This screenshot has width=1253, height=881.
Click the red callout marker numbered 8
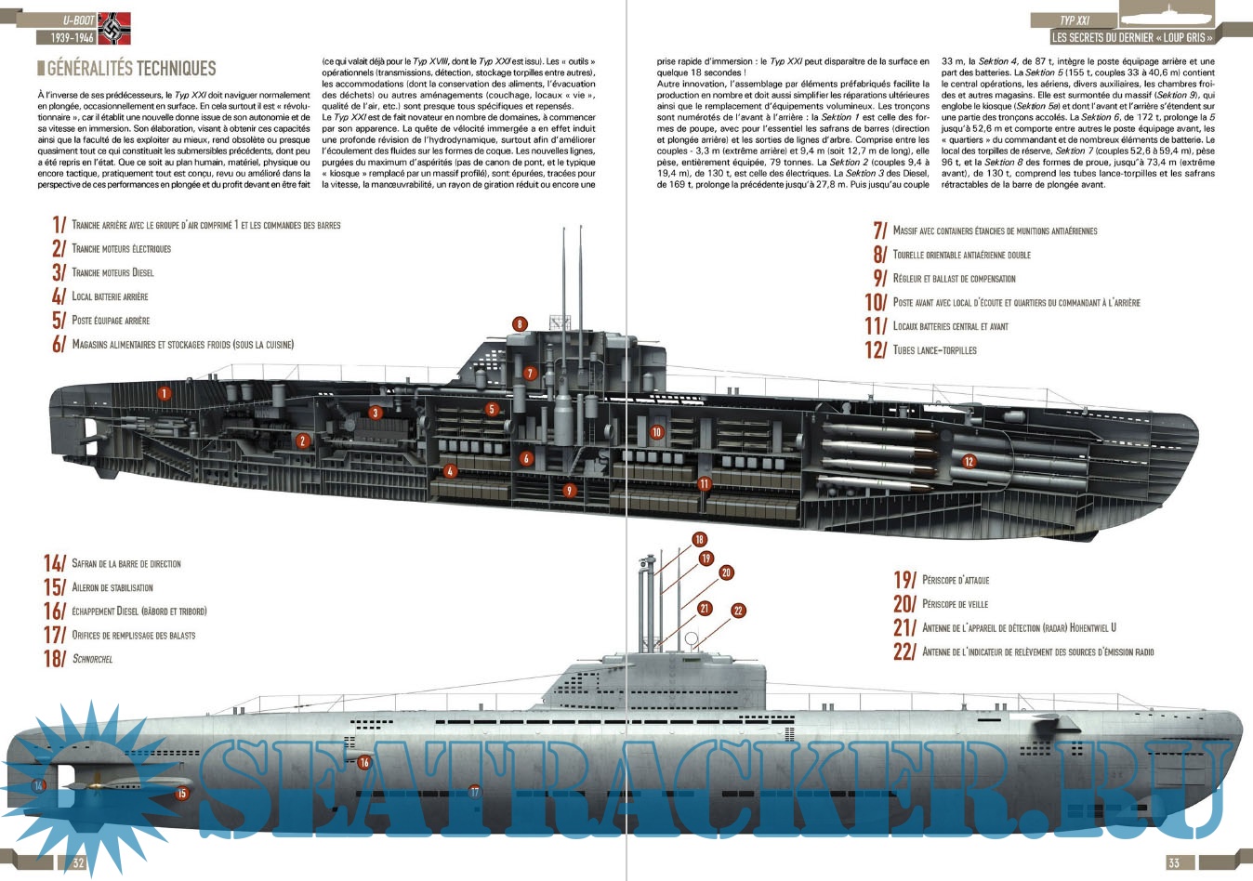520,324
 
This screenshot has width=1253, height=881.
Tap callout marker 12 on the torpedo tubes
969,462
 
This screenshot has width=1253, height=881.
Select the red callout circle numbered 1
165,393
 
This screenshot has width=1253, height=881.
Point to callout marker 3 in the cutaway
376,413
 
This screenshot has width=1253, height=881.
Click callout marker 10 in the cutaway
657,432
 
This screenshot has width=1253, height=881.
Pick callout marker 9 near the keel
570,491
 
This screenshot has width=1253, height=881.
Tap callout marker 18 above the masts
699,539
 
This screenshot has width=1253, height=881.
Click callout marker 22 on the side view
738,611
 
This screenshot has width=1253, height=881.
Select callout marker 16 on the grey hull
364,762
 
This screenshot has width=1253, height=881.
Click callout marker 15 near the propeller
182,793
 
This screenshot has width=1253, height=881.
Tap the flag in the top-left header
114,28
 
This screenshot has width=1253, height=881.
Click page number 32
79,863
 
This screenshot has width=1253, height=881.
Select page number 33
1174,863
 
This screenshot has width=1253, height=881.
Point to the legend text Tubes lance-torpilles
934,350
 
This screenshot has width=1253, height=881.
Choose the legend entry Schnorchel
92,659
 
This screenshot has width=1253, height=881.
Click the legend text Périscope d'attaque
956,580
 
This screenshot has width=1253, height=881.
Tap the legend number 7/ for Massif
879,230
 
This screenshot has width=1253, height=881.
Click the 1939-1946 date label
65,38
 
